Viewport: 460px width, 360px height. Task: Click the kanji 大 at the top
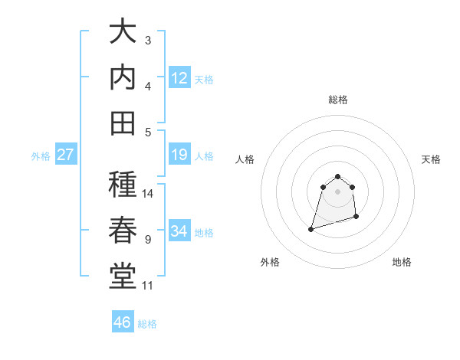click(x=123, y=32)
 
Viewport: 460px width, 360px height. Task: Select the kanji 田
click(x=123, y=122)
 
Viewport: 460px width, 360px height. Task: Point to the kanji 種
click(x=123, y=185)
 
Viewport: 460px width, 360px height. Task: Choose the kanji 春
click(x=123, y=231)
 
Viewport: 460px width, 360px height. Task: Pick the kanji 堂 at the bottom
click(x=123, y=276)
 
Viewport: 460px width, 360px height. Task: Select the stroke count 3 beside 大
click(x=148, y=40)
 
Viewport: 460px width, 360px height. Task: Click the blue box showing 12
click(x=179, y=77)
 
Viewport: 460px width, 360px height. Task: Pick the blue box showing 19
click(x=179, y=155)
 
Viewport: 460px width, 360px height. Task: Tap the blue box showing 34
click(x=179, y=231)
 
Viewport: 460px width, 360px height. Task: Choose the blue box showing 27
click(x=66, y=155)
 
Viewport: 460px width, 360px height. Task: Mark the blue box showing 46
click(x=123, y=322)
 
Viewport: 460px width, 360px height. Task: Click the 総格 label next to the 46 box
click(x=147, y=324)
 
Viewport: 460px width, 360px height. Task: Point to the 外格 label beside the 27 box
click(x=41, y=156)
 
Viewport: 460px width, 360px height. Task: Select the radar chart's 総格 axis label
click(x=337, y=100)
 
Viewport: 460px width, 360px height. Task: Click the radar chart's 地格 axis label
click(x=402, y=262)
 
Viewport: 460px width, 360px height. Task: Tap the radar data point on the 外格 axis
click(x=310, y=228)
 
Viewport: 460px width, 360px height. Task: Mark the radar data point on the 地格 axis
click(x=358, y=217)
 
